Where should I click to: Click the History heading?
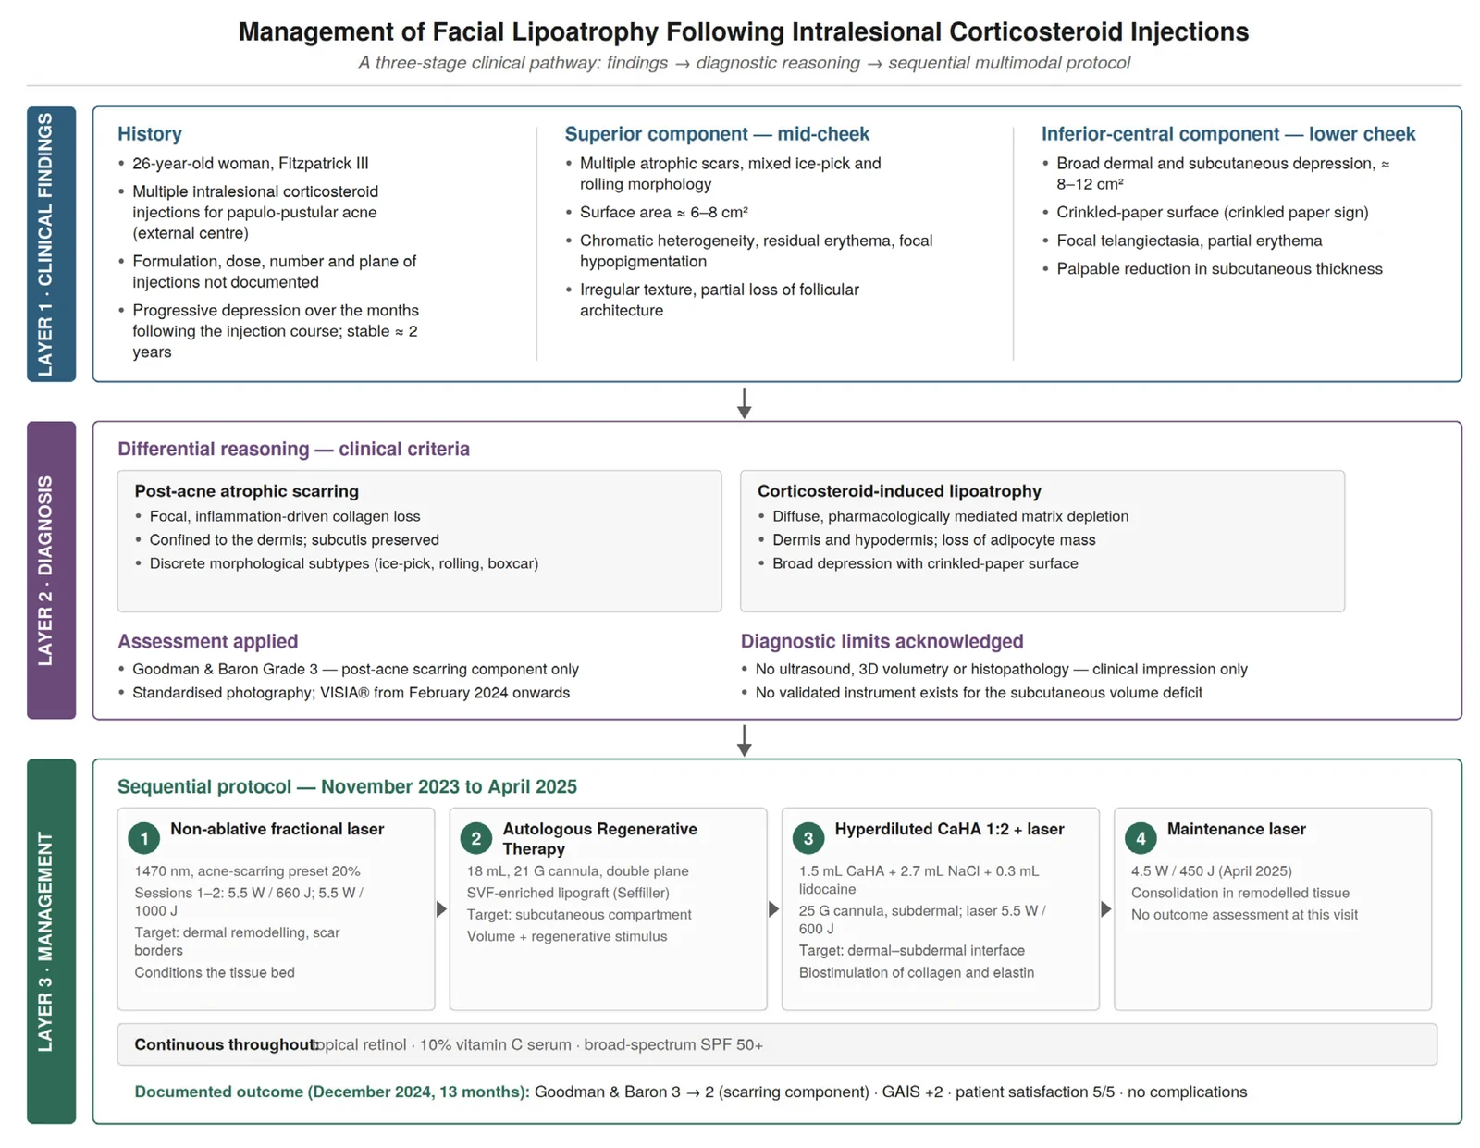point(149,134)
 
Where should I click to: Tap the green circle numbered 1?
point(143,838)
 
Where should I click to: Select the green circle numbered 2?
point(476,838)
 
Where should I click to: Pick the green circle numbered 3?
point(808,838)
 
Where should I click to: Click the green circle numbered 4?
point(1141,838)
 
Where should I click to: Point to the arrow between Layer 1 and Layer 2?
point(745,403)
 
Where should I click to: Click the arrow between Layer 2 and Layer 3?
point(745,741)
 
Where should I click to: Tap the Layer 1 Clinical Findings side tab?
point(51,244)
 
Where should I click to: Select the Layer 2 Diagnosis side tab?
point(51,570)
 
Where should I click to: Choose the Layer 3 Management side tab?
point(51,941)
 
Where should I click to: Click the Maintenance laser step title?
point(1236,829)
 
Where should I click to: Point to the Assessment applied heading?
point(208,641)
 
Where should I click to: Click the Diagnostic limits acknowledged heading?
point(882,641)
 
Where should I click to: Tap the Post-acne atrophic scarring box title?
point(247,491)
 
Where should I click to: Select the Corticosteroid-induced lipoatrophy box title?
point(900,491)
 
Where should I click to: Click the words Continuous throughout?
point(226,1044)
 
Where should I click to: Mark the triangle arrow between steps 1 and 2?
point(441,909)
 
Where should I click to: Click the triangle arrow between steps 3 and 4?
point(1106,909)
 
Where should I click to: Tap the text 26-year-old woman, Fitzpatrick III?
point(251,164)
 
